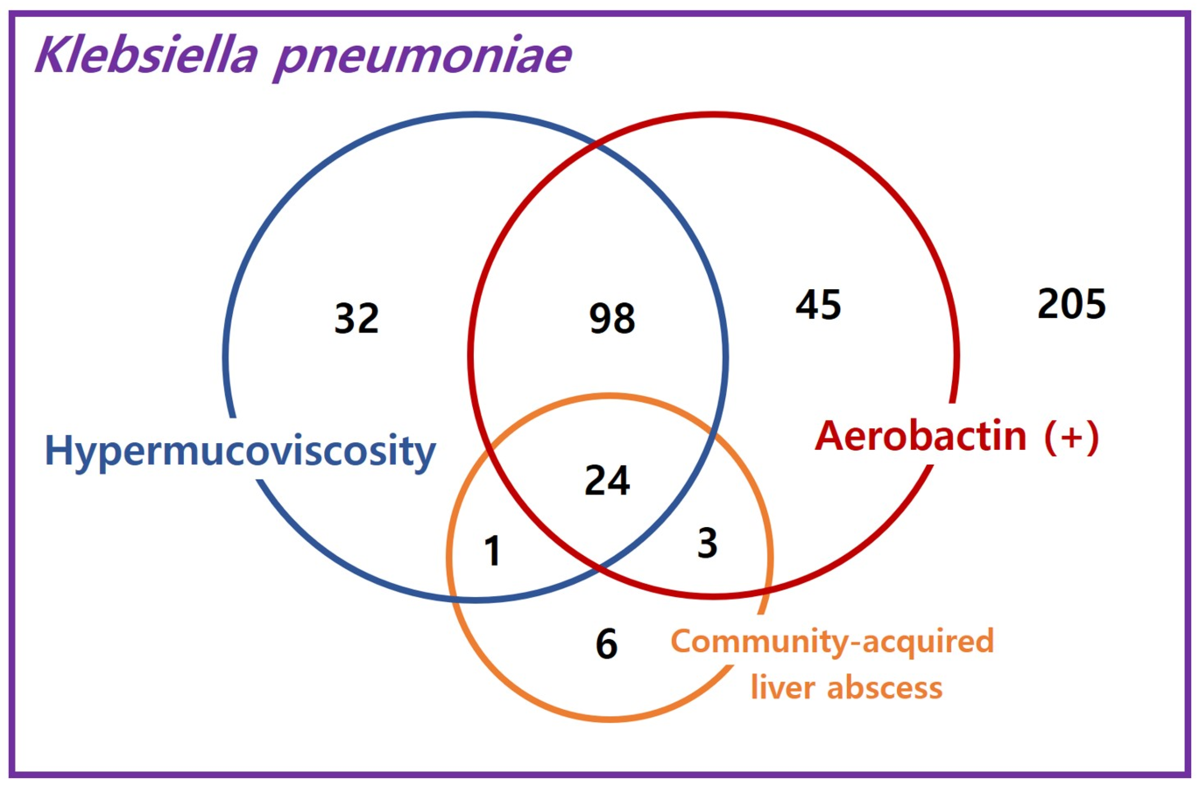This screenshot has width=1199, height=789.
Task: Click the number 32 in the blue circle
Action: (356, 319)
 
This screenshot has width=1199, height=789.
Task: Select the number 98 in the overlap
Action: (612, 319)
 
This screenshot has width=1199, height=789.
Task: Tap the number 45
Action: (818, 305)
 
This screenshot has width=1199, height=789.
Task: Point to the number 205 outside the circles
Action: (1071, 304)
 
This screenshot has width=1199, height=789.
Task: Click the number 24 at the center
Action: (607, 481)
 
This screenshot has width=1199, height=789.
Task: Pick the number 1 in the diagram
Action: (492, 551)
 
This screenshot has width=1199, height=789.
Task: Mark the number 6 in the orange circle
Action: (607, 644)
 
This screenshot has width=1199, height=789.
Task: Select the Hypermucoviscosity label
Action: (240, 451)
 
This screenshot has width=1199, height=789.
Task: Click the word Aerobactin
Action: (920, 436)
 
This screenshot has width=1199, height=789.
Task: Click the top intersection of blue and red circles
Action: (596, 146)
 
